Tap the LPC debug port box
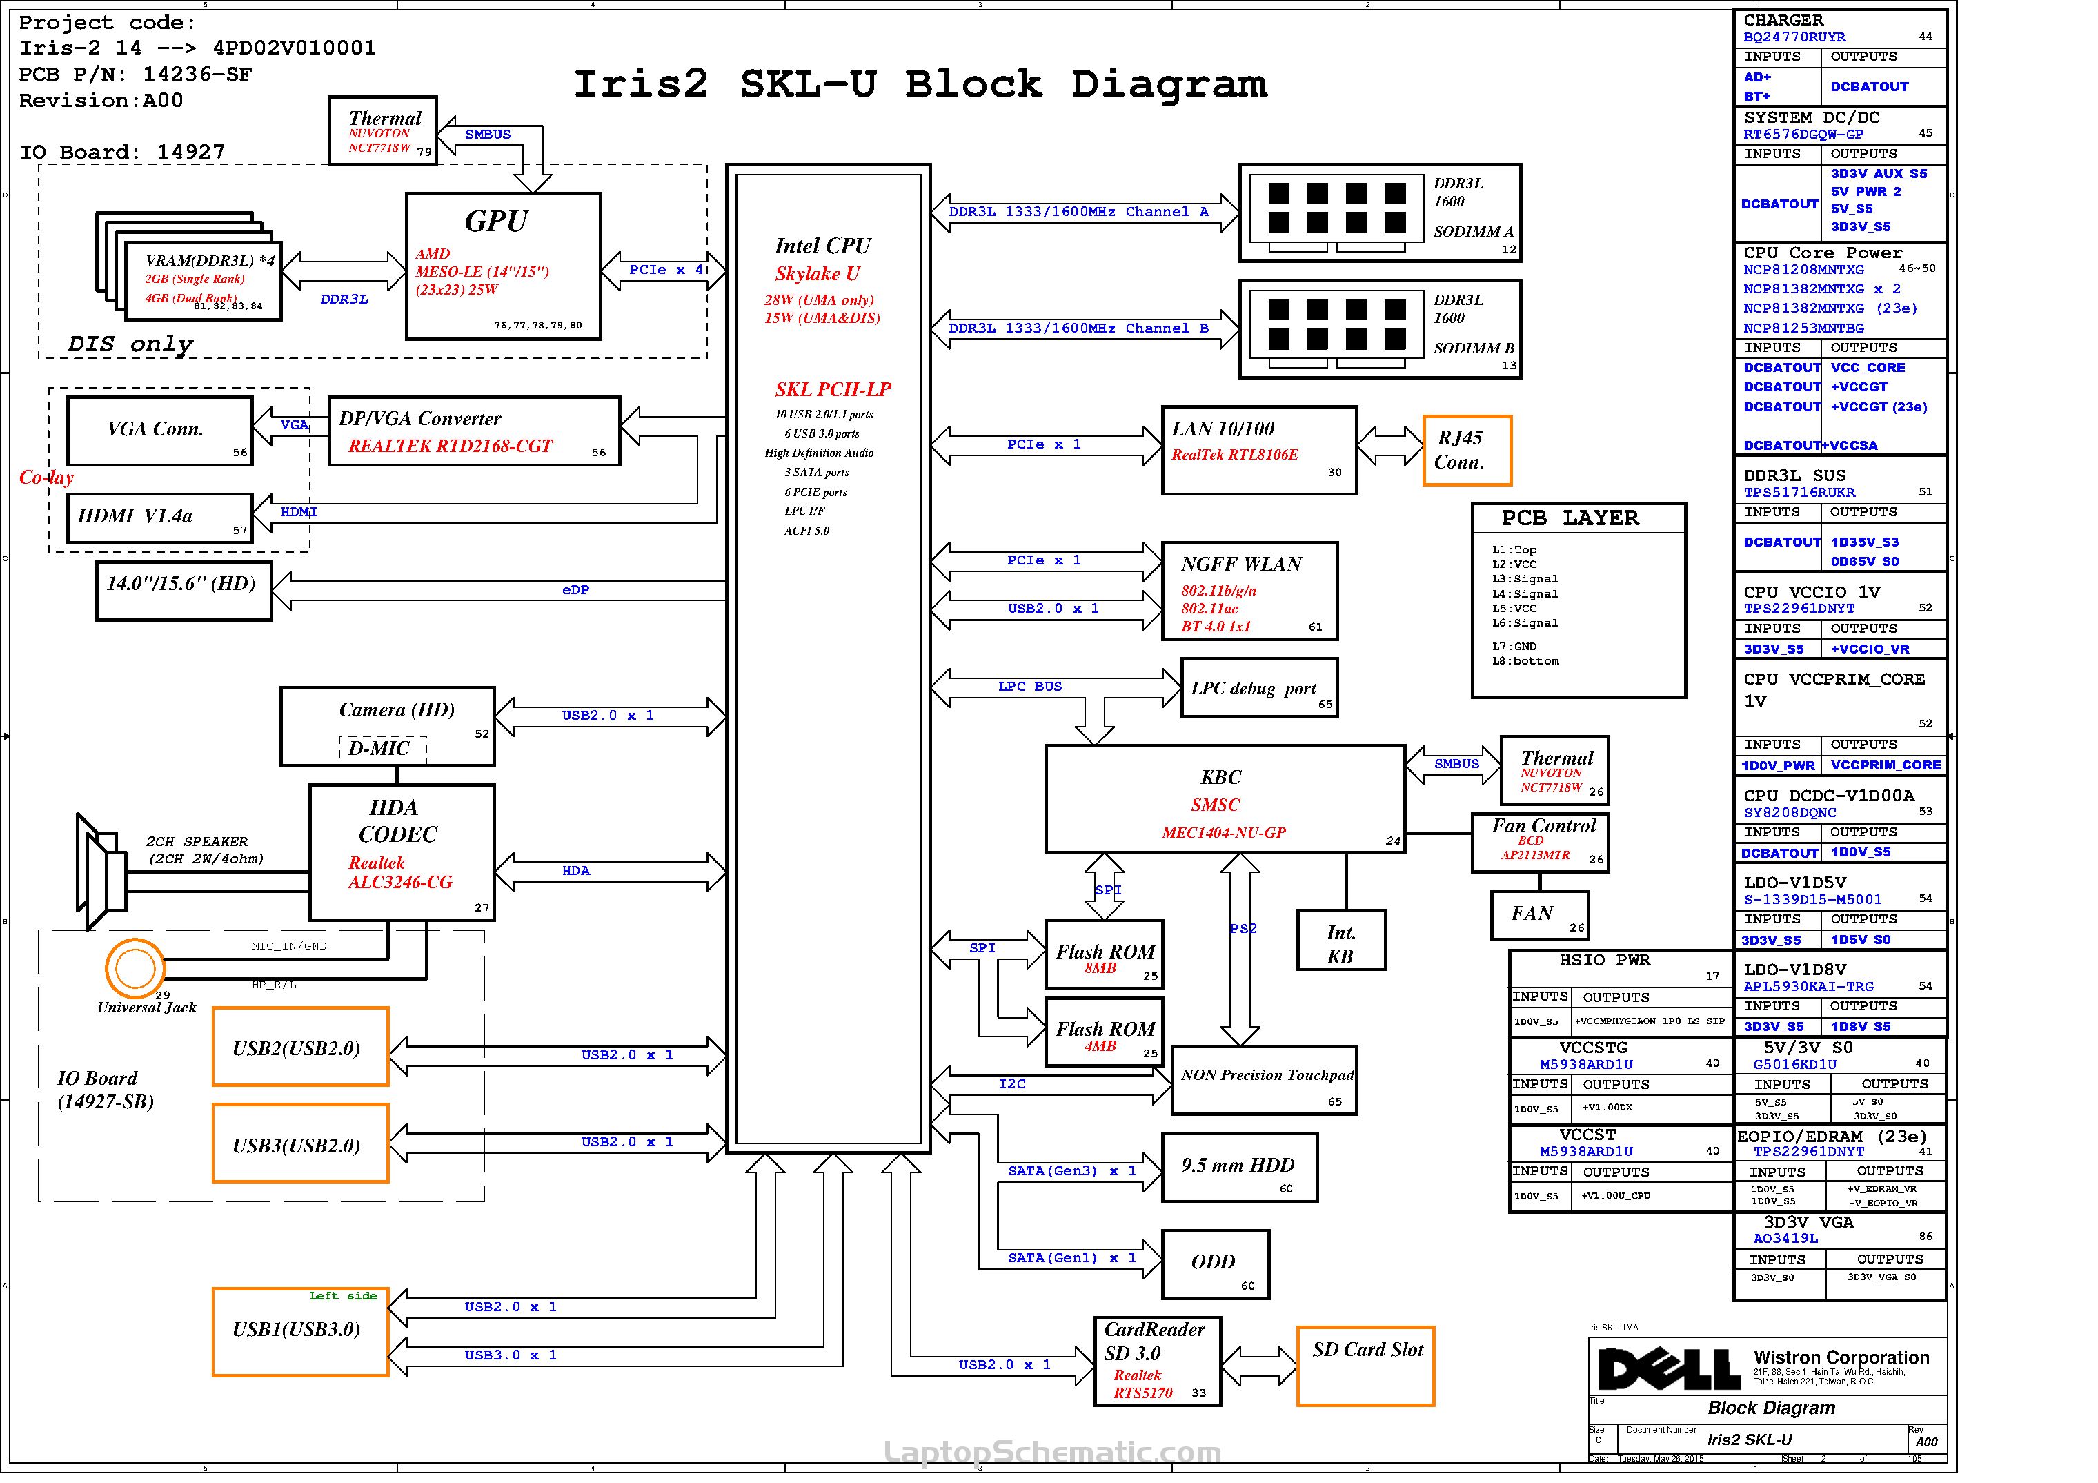1258,688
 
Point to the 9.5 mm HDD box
1239,1167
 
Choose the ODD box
1214,1264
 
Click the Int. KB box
1340,940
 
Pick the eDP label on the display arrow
575,590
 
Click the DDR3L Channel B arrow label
1078,328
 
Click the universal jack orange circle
135,968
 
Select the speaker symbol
101,871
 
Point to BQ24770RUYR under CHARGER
1794,37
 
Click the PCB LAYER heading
1569,518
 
